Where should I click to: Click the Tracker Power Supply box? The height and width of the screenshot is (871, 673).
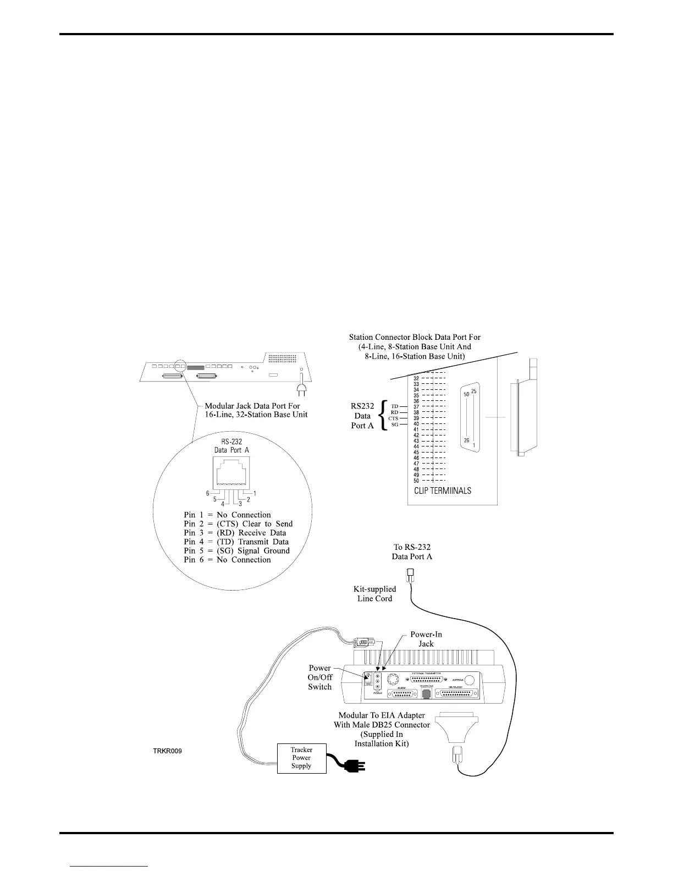tap(301, 758)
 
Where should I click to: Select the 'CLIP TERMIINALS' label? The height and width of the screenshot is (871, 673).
tap(443, 490)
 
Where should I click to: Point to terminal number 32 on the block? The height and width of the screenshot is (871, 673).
tap(416, 378)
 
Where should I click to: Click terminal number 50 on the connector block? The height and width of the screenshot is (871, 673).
tap(416, 481)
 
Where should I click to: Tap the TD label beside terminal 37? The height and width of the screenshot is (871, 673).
tap(395, 406)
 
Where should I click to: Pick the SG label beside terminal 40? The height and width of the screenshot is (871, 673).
tap(395, 424)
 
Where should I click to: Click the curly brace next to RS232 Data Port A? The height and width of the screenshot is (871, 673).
tap(384, 415)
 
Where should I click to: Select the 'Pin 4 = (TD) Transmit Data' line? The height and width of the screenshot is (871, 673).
tap(236, 542)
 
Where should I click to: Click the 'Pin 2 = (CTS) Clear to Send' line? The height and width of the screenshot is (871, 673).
tap(238, 524)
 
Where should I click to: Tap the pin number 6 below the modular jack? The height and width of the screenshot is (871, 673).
tap(208, 493)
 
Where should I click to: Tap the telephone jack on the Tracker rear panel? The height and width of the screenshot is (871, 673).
tap(426, 694)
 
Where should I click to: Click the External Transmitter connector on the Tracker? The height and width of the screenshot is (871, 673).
tap(433, 679)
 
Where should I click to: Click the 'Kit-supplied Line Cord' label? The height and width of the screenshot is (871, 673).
tap(374, 593)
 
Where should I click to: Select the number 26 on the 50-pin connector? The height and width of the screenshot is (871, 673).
tap(467, 440)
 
